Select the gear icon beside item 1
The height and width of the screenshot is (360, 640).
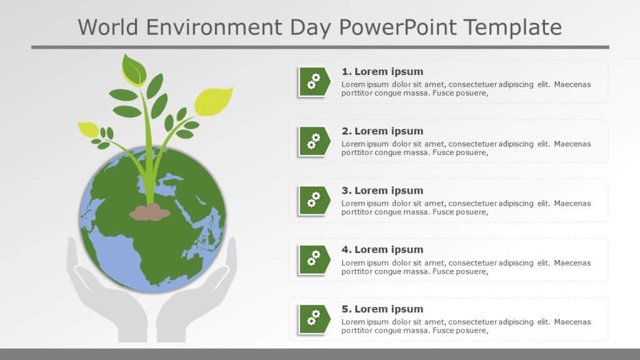point(313,81)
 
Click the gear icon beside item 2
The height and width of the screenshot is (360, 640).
point(313,141)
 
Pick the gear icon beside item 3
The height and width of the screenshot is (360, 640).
point(313,200)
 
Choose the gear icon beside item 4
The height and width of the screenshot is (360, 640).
point(313,259)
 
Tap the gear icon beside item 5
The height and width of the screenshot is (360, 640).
point(313,319)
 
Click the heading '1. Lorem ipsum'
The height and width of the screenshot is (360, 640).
point(382,71)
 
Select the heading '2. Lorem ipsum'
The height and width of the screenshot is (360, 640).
point(382,131)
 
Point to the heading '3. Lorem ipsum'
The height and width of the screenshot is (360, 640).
point(382,190)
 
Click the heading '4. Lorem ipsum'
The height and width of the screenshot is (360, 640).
point(382,249)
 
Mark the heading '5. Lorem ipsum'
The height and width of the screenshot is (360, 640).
point(382,309)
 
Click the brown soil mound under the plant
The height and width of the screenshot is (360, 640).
point(149,212)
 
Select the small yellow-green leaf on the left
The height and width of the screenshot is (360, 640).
point(88,129)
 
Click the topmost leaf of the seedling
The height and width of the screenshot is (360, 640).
point(133,69)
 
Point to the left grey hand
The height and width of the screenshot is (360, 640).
point(100,300)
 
